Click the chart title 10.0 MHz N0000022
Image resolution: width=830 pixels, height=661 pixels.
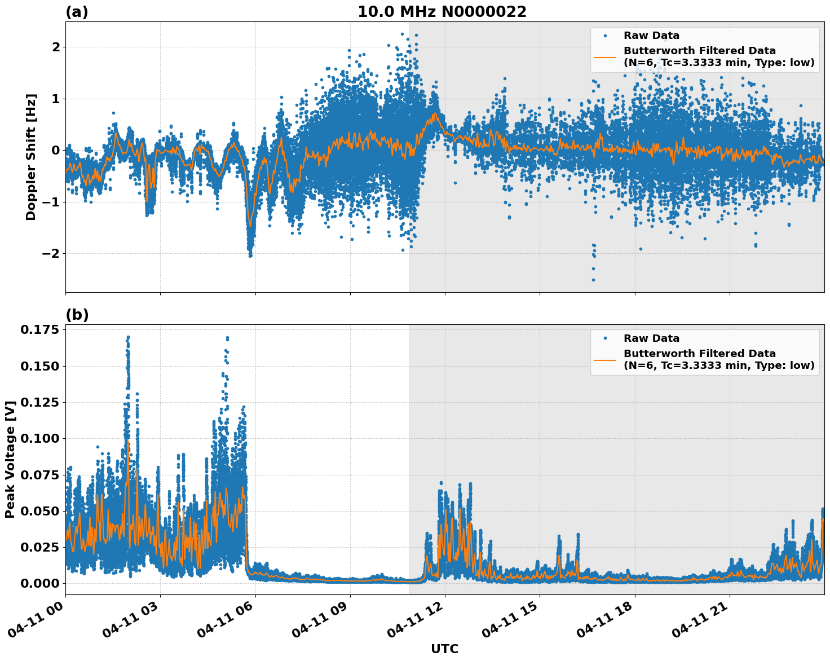tap(442, 12)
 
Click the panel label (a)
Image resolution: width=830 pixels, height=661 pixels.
tap(77, 12)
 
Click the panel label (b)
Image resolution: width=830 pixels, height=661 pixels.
tap(77, 315)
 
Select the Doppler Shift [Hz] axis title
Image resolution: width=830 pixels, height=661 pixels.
tap(31, 157)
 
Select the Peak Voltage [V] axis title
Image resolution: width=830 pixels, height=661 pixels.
tap(10, 460)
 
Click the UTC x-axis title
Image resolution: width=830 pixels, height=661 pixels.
tap(444, 649)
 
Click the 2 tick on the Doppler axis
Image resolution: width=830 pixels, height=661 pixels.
tap(55, 47)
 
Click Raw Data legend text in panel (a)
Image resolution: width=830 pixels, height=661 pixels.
tap(651, 36)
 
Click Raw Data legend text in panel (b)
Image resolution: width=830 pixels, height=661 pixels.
tap(651, 338)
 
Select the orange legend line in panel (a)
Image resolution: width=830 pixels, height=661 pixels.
tap(605, 57)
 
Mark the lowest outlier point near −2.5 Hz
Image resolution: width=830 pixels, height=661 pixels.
tap(593, 280)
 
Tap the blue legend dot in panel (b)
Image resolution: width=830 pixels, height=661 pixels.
tap(605, 338)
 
